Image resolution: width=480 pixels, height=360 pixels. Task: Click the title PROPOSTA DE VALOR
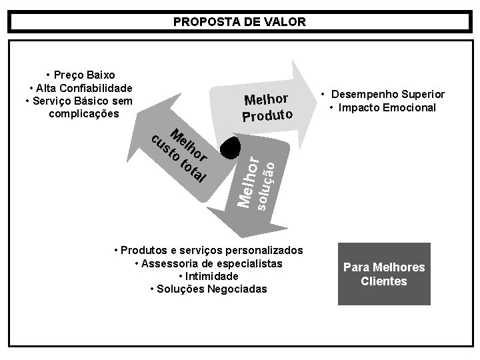coord(239,22)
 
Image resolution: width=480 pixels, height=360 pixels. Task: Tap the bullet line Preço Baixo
coord(80,75)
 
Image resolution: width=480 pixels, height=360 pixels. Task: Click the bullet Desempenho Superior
coord(383,95)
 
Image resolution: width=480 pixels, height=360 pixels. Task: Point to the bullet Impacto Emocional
coord(383,108)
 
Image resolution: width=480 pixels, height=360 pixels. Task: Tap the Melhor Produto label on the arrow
coord(267,108)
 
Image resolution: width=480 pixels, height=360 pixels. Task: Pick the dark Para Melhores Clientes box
coord(384,274)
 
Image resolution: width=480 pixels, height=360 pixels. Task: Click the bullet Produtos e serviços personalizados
coord(209,250)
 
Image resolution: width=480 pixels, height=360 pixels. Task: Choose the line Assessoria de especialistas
coord(209,263)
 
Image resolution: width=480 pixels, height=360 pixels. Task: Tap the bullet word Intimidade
coord(209,276)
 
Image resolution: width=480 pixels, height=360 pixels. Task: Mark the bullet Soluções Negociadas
coord(209,289)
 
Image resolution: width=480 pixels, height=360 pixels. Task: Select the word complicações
coord(84,114)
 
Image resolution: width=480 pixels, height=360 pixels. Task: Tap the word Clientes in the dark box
coord(384,281)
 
